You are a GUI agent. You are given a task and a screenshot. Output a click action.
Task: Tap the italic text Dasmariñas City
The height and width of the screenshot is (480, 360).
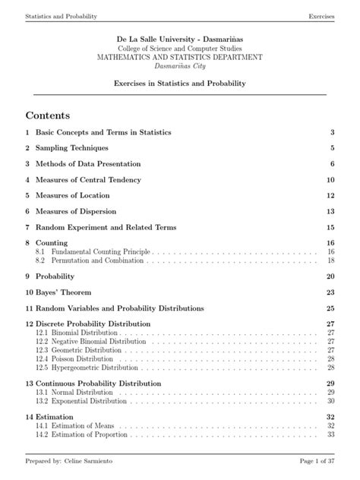[180, 65]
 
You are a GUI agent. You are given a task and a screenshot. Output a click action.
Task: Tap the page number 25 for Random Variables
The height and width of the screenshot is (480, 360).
[330, 308]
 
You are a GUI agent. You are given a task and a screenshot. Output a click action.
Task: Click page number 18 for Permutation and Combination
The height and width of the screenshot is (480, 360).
[331, 260]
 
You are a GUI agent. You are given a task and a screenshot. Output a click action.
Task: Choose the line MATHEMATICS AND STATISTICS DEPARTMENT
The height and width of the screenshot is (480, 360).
[180, 57]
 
